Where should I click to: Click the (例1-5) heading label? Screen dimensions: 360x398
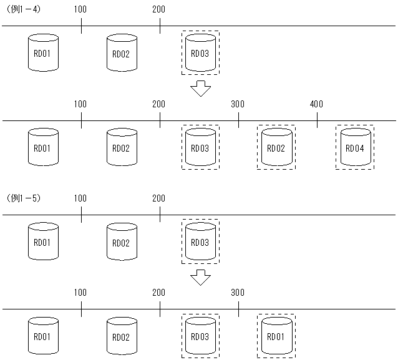[x=24, y=198]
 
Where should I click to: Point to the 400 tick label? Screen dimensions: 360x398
[x=316, y=104]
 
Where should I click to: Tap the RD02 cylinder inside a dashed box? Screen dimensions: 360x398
[x=276, y=148]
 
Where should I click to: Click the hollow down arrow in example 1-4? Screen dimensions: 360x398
[x=200, y=88]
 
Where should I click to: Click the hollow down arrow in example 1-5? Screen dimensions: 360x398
[x=200, y=276]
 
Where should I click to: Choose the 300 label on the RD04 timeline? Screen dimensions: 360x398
[x=238, y=104]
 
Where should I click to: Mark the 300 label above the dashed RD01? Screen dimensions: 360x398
[x=238, y=293]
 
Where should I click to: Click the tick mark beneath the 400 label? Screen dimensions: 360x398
[x=316, y=120]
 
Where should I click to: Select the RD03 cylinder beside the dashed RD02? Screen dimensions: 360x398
[x=200, y=148]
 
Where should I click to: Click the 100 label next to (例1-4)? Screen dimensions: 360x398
[x=80, y=9]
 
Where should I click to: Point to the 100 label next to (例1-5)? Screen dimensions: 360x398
[x=80, y=198]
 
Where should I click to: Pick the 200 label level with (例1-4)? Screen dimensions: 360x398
[x=159, y=9]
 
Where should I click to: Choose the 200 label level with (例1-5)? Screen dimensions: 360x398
[x=159, y=198]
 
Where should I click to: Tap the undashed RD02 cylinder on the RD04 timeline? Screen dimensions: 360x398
[x=121, y=148]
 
